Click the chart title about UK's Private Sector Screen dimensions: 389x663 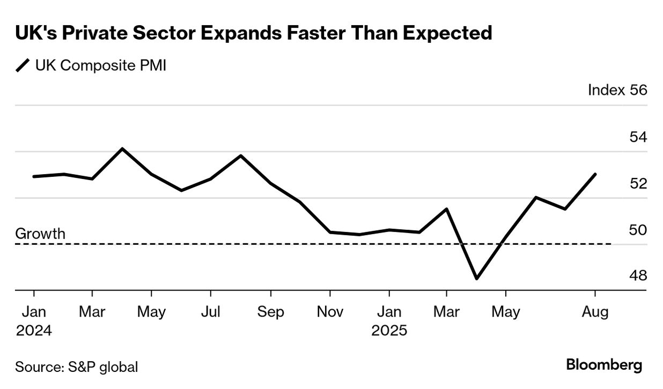tap(253, 33)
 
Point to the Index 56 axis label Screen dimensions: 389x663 tap(617, 89)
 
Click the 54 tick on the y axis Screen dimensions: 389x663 tap(638, 137)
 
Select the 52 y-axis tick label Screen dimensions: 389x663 tap(638, 183)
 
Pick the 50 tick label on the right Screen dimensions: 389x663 tap(638, 230)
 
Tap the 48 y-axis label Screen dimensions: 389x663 tap(638, 275)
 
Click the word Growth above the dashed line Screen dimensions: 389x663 tap(40, 234)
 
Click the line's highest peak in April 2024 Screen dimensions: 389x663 tap(122, 148)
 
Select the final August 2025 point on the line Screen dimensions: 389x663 tap(595, 174)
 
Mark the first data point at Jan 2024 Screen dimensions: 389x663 tap(34, 176)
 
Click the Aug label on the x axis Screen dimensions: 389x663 tap(595, 311)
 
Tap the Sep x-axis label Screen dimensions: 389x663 tap(270, 311)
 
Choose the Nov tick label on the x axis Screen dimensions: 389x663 tap(330, 311)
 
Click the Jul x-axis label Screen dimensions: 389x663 tap(211, 311)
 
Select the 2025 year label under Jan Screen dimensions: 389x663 tap(389, 330)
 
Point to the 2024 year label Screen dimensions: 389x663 tap(34, 330)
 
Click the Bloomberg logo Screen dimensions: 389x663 tap(604, 365)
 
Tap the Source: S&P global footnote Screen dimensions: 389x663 tap(77, 367)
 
